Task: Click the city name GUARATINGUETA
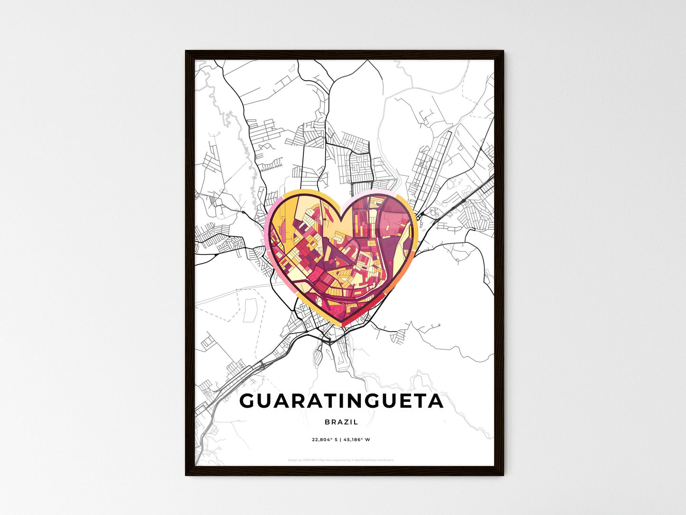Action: [341, 401]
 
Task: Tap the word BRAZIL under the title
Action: [341, 422]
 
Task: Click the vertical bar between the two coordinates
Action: [341, 439]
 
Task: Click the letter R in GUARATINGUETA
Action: [294, 401]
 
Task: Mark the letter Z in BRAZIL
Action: [346, 422]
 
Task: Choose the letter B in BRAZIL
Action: [328, 422]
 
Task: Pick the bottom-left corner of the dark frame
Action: [186, 475]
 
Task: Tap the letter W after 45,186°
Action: [368, 439]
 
